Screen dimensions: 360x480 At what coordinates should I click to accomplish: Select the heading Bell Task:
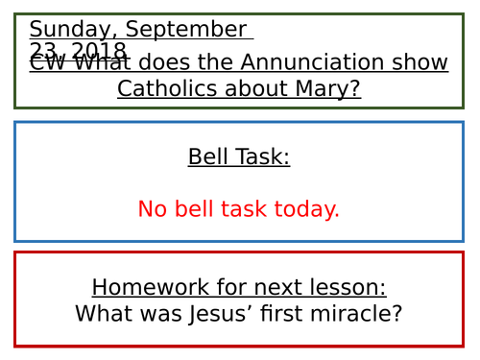pyautogui.click(x=238, y=156)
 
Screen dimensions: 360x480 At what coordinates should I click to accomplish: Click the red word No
pyautogui.click(x=153, y=209)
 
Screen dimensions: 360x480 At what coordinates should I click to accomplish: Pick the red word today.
pyautogui.click(x=308, y=209)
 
